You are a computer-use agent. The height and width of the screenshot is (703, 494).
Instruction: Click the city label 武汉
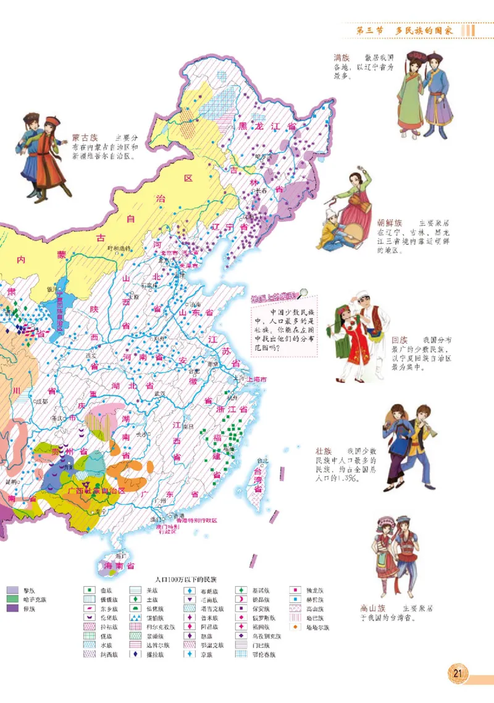(161, 394)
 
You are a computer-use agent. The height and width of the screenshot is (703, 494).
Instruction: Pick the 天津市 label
(190, 266)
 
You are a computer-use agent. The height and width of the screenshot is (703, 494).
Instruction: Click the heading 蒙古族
(85, 137)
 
